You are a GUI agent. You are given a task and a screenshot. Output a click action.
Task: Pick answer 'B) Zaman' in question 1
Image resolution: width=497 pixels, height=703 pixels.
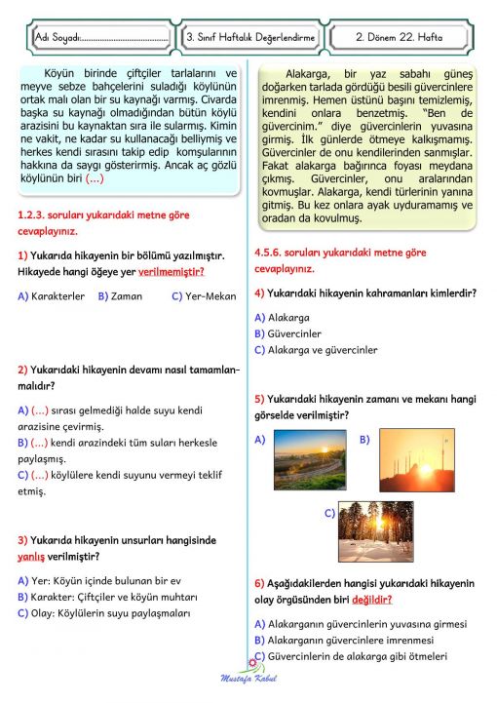point(121,295)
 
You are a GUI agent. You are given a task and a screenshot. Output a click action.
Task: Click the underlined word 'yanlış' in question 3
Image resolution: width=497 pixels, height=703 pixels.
point(32,557)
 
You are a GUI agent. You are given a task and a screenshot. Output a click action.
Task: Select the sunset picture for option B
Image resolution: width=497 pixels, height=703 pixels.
point(416,461)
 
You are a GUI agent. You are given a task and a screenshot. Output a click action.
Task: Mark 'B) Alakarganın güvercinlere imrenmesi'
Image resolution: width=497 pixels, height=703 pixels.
point(344,640)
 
